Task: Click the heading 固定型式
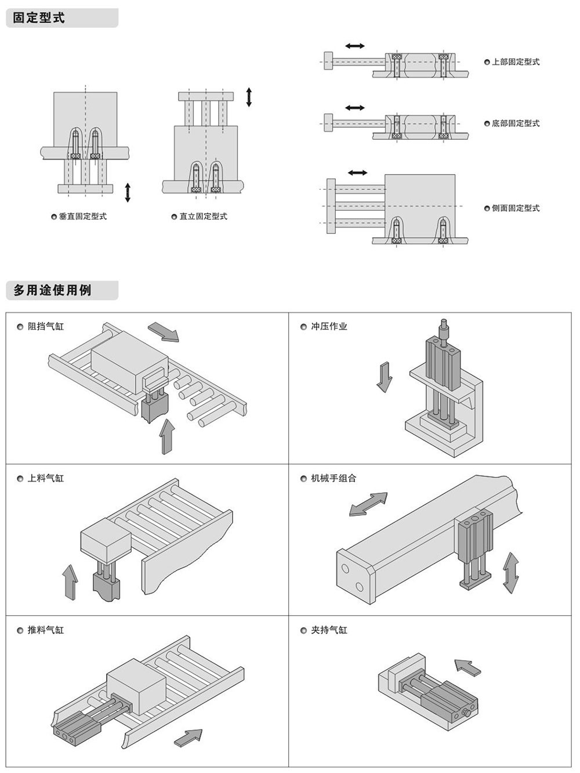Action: click(x=38, y=18)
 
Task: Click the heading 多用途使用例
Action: click(x=52, y=290)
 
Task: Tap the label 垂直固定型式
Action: click(x=82, y=216)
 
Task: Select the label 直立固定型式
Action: click(x=203, y=216)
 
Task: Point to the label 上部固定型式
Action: click(x=516, y=62)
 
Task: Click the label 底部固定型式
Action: click(x=516, y=123)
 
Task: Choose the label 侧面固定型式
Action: click(x=516, y=208)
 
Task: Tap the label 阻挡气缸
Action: click(x=46, y=327)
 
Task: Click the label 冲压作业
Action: click(x=329, y=327)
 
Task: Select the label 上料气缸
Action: click(x=46, y=479)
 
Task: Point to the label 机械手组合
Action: click(x=333, y=479)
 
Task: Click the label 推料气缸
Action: click(x=46, y=630)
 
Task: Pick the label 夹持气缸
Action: click(x=329, y=630)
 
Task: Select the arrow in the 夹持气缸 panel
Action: click(x=468, y=667)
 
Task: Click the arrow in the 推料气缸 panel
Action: click(x=188, y=738)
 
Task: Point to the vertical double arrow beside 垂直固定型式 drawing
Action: click(x=128, y=193)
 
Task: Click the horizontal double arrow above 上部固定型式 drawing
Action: click(x=355, y=46)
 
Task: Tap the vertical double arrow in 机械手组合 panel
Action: click(x=510, y=572)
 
